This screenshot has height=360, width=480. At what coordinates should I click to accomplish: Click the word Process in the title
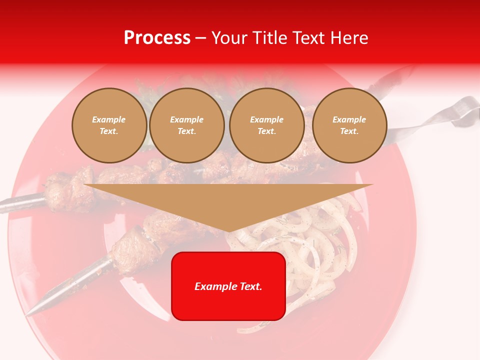click(157, 38)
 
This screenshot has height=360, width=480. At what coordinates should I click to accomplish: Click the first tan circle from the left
click(109, 125)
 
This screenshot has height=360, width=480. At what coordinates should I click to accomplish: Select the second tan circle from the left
click(186, 125)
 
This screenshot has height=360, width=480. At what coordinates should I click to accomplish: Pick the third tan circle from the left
click(266, 125)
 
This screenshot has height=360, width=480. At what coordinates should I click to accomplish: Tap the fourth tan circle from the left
click(349, 125)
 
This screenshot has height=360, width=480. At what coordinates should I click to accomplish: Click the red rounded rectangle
click(228, 286)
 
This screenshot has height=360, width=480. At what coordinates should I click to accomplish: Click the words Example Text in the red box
click(228, 286)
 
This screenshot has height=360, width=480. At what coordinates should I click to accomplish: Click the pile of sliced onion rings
click(310, 250)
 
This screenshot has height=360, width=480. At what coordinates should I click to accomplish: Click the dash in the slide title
click(201, 38)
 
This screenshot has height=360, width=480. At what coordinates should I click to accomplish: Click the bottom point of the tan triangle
click(229, 231)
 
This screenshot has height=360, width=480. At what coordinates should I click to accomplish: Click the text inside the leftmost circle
click(109, 125)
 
